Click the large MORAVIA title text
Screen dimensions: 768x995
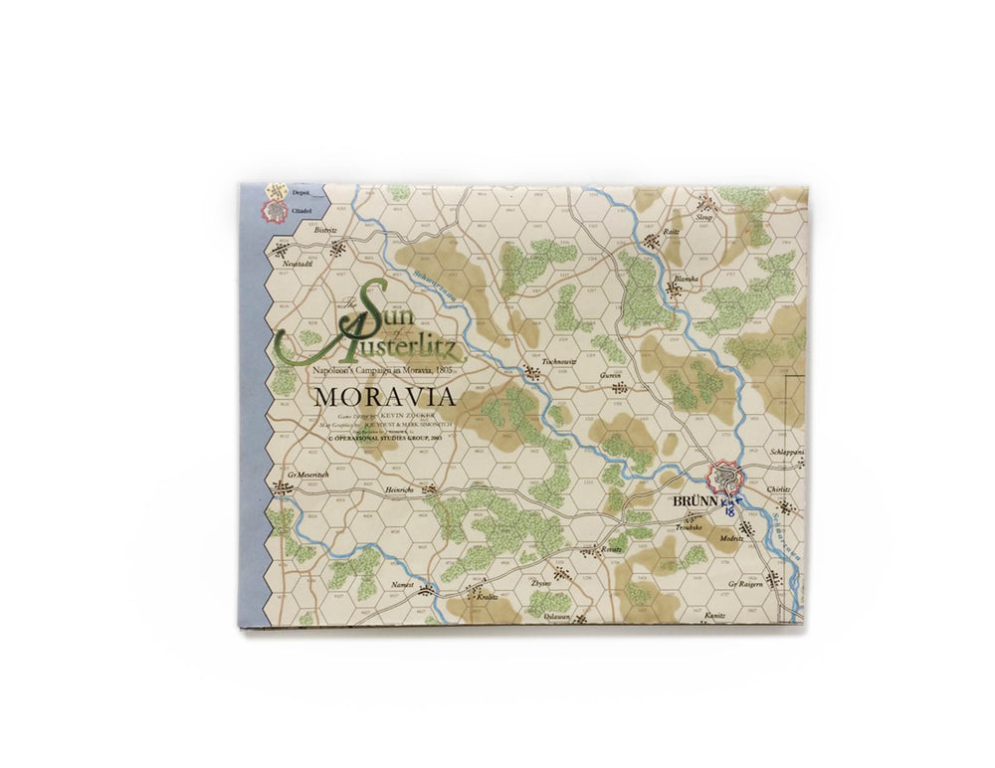[x=385, y=396]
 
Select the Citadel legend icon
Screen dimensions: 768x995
[x=266, y=211]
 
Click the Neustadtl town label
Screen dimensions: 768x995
[x=298, y=265]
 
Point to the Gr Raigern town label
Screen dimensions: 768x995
[x=752, y=583]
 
